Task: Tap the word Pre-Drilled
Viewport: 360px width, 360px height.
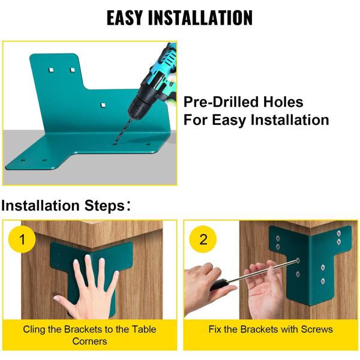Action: [x=217, y=102]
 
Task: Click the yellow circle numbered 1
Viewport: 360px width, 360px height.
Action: [x=23, y=240]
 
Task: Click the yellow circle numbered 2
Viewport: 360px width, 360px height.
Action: [x=203, y=239]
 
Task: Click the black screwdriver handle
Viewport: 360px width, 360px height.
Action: [x=220, y=284]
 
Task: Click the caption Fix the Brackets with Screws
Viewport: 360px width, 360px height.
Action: [x=270, y=329]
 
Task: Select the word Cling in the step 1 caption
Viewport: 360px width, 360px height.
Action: [x=34, y=329]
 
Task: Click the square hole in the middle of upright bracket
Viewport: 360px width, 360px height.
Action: [x=103, y=104]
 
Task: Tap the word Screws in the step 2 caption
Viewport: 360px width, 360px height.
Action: [x=317, y=329]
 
